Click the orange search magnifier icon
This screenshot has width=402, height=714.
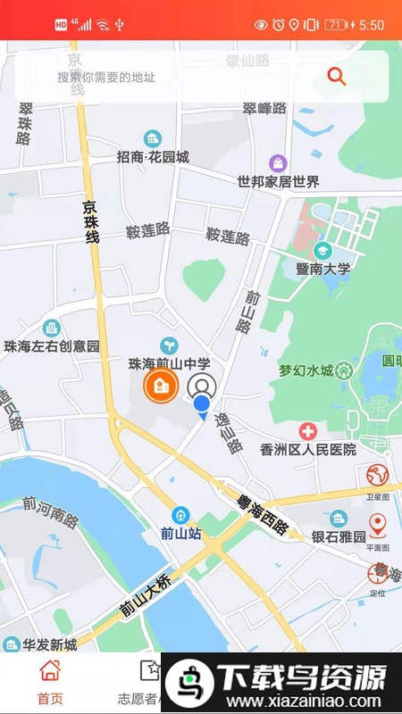(x=337, y=76)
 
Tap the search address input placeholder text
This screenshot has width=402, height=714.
(x=106, y=78)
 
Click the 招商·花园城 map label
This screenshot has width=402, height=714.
(x=153, y=157)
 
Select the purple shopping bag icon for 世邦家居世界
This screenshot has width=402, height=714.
(x=279, y=163)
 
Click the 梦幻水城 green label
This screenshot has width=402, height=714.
(x=306, y=370)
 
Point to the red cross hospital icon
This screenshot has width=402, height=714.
(x=308, y=431)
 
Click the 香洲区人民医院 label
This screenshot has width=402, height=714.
(x=308, y=449)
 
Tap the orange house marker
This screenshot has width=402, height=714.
(x=161, y=386)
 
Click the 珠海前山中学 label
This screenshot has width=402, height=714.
(x=169, y=364)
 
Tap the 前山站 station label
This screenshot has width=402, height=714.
(x=180, y=534)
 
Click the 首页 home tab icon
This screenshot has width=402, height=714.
(x=50, y=670)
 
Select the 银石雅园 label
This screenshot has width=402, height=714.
(x=339, y=536)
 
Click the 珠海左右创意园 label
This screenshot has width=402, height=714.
(x=51, y=345)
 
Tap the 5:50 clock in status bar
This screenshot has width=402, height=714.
(x=372, y=26)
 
